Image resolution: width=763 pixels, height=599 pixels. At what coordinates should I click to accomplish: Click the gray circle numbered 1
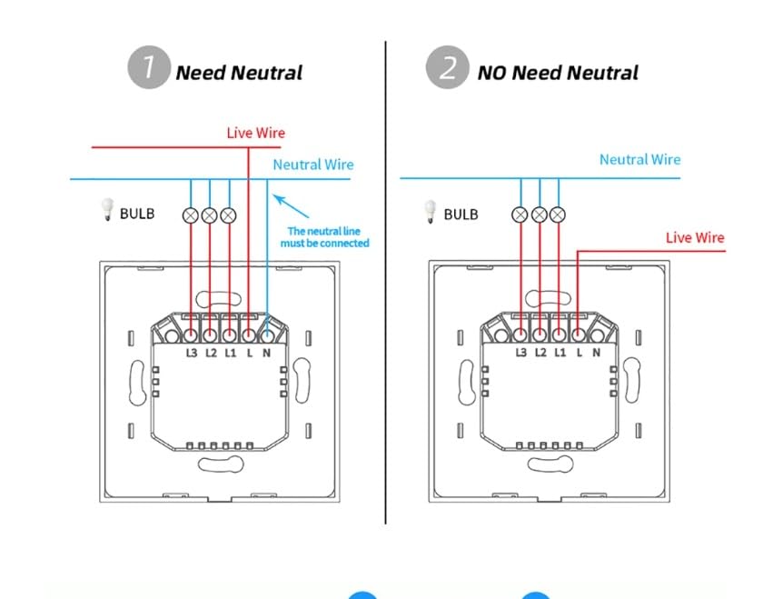pos(149,67)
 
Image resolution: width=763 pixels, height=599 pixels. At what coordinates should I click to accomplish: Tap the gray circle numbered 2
pos(447,67)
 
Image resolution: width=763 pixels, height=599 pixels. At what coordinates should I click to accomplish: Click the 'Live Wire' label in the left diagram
pos(256,133)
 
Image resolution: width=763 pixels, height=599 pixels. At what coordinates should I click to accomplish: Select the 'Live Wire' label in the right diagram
pos(695,237)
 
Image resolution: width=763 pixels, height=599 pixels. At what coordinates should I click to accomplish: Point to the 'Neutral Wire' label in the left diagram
pos(313,165)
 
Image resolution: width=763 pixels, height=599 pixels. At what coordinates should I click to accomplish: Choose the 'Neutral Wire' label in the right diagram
pos(639,159)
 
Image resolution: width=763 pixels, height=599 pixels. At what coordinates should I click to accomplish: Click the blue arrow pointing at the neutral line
pos(291,206)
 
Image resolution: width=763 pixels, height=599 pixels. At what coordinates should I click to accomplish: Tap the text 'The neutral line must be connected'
pos(324,237)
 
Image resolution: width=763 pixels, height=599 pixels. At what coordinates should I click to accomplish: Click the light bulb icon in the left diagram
pos(106,209)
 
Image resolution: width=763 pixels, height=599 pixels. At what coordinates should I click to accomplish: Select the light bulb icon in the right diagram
pos(430,212)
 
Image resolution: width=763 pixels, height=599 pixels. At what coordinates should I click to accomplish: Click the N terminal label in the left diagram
pos(266,353)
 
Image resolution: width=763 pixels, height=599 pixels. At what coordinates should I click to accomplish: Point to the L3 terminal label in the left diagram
pos(192,353)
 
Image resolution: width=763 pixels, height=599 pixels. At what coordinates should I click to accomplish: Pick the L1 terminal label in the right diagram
pos(560,353)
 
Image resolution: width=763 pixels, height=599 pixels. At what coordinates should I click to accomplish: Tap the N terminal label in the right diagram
pos(596,353)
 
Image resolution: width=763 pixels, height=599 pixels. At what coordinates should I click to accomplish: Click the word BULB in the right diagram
pos(461,215)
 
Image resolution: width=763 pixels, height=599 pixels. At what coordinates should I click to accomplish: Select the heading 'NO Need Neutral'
pos(558,73)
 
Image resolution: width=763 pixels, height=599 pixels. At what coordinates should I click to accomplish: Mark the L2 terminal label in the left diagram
pos(211,353)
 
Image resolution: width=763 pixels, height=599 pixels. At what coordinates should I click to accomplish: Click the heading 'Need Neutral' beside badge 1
pos(239,73)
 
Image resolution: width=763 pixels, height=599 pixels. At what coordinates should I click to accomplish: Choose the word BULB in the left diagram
pos(137,214)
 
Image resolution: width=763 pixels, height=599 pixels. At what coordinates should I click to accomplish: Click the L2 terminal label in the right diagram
pos(540,353)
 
